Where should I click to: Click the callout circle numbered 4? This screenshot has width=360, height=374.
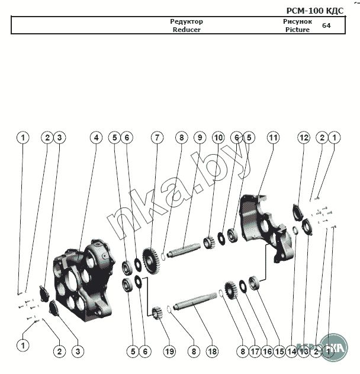click(x=96, y=138)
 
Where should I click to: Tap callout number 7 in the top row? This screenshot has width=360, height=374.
click(x=156, y=138)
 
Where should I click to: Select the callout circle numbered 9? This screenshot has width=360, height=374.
click(x=200, y=138)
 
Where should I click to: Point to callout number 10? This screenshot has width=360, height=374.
click(x=218, y=138)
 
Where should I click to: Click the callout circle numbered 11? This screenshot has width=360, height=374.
click(x=272, y=138)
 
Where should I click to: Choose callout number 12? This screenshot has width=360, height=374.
click(x=304, y=138)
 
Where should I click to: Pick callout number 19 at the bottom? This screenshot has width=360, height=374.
click(x=170, y=351)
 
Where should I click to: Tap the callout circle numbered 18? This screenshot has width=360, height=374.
click(x=212, y=351)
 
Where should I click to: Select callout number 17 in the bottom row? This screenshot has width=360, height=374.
click(x=255, y=351)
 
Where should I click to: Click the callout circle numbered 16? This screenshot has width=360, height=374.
click(x=267, y=351)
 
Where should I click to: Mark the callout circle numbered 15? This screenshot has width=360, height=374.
click(x=279, y=351)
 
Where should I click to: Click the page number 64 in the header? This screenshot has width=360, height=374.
click(x=326, y=25)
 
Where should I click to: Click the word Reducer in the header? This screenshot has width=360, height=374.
click(x=187, y=30)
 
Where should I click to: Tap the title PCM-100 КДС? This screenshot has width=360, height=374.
click(x=314, y=10)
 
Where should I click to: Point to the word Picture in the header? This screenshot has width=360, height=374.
click(x=297, y=30)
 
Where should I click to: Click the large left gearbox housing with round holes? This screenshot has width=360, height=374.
click(x=83, y=279)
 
